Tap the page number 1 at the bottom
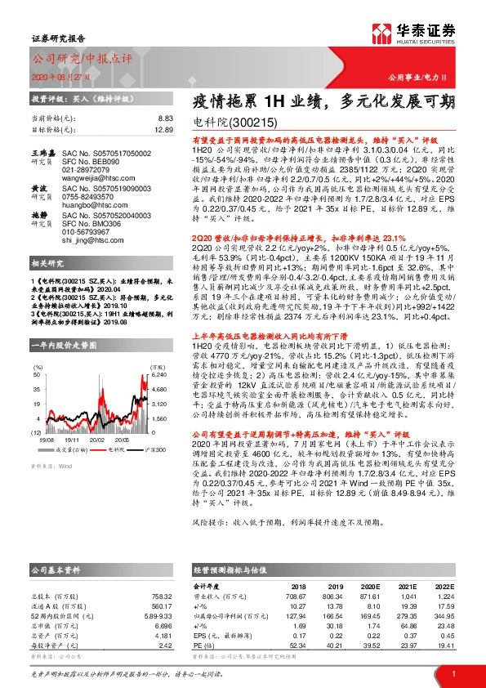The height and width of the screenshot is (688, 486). [453, 672]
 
